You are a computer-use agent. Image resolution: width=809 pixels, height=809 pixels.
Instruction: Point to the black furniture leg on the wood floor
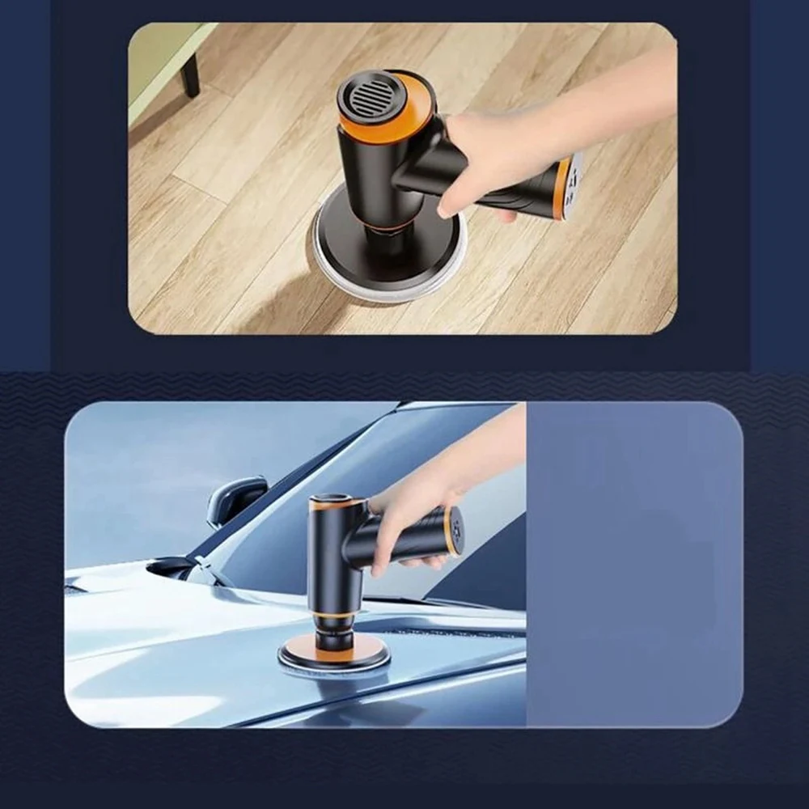[x=190, y=74]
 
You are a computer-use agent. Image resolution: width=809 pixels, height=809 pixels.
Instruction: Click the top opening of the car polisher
[x=332, y=501]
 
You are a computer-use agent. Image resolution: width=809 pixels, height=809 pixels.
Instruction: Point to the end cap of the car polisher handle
[x=456, y=531]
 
